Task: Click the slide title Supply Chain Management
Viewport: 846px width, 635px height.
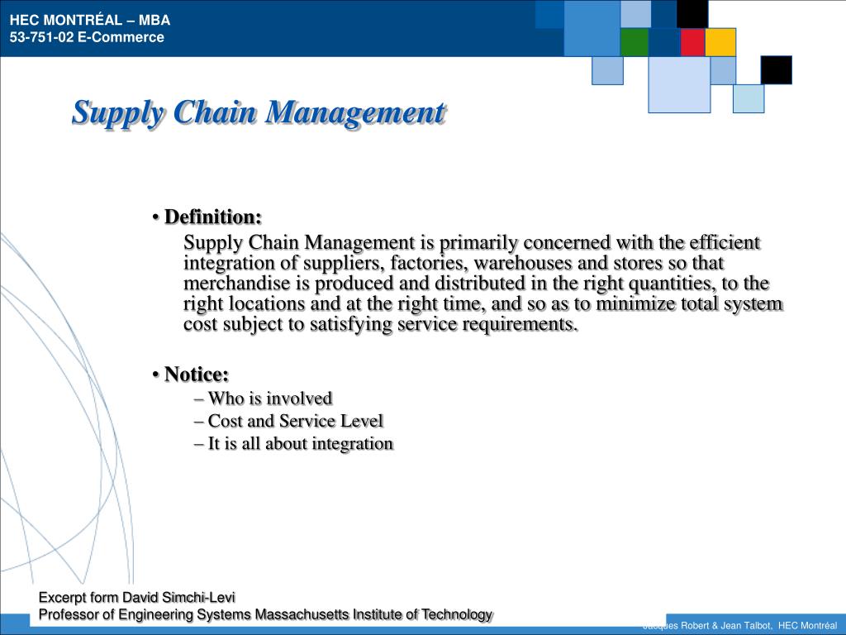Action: coord(259,113)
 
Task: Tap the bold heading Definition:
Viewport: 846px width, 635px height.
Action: coord(213,217)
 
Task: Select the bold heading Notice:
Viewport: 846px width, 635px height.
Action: coord(197,375)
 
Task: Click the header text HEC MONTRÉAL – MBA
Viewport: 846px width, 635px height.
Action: coord(90,21)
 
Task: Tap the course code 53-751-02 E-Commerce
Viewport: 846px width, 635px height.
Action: coord(87,37)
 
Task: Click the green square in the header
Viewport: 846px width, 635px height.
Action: coord(634,42)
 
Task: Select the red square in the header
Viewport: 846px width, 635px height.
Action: coord(693,42)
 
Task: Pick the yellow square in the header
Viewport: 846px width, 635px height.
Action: coord(720,42)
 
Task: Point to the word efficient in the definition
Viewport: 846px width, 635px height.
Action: coord(725,242)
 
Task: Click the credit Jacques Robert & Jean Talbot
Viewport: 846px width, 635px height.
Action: coord(707,626)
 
